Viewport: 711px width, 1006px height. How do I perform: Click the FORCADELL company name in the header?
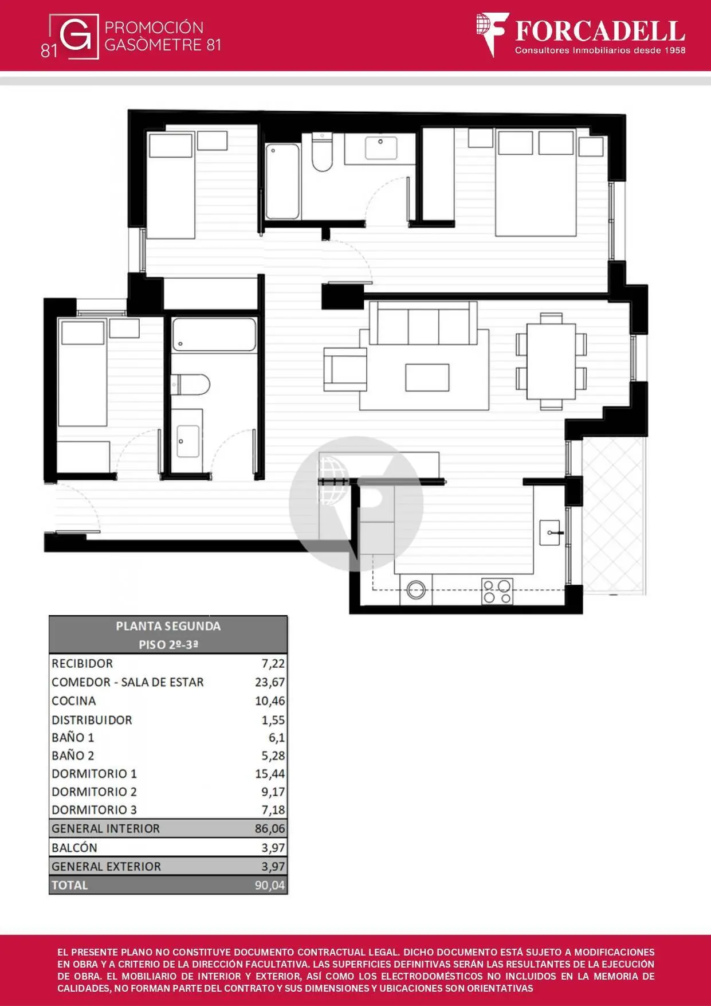(x=600, y=31)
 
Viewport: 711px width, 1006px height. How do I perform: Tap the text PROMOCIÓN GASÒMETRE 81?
(x=163, y=36)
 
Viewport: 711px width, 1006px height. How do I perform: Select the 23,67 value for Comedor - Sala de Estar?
(x=270, y=682)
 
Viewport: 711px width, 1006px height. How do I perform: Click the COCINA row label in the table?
(x=74, y=700)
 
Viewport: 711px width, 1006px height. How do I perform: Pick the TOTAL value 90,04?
(x=270, y=885)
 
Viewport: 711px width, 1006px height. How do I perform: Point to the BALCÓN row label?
(x=74, y=847)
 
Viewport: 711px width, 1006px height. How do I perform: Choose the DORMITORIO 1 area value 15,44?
(x=270, y=774)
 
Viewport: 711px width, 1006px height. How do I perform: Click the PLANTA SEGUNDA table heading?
(x=168, y=626)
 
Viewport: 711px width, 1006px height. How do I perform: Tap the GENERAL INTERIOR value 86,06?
(x=270, y=828)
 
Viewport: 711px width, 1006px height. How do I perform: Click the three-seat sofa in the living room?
(x=423, y=323)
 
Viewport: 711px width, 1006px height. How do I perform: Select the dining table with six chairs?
(x=551, y=361)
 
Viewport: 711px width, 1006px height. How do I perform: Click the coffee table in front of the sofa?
(x=427, y=377)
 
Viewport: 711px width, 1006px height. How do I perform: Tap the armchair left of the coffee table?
(x=345, y=369)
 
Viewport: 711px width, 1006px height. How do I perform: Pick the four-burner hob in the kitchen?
(x=497, y=592)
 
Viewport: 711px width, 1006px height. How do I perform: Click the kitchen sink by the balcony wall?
(x=550, y=533)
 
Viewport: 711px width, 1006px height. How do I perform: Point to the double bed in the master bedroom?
(x=536, y=183)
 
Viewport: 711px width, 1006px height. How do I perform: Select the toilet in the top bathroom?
(x=322, y=152)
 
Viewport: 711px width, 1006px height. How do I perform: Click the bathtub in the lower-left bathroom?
(x=214, y=335)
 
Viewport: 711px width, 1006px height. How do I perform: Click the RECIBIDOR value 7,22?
(x=273, y=663)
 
